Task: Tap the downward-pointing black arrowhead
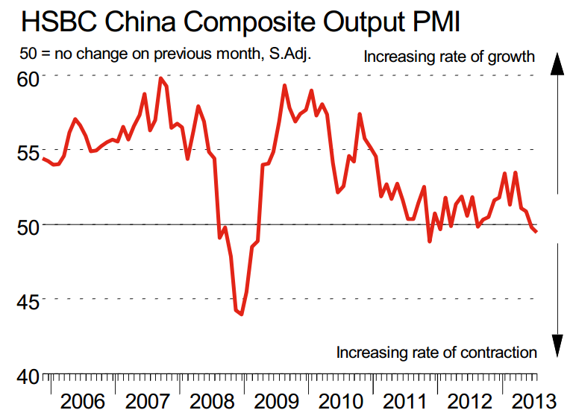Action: pos(556,347)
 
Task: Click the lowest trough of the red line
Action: pos(242,314)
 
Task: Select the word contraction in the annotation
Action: pos(497,352)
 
